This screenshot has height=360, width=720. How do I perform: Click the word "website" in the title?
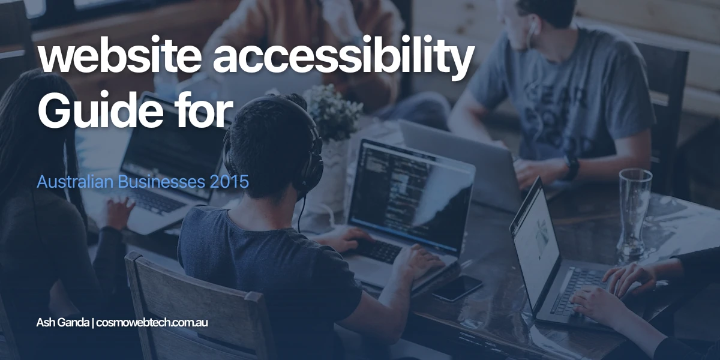119,58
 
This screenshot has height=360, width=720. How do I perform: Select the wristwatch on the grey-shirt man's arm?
571,168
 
